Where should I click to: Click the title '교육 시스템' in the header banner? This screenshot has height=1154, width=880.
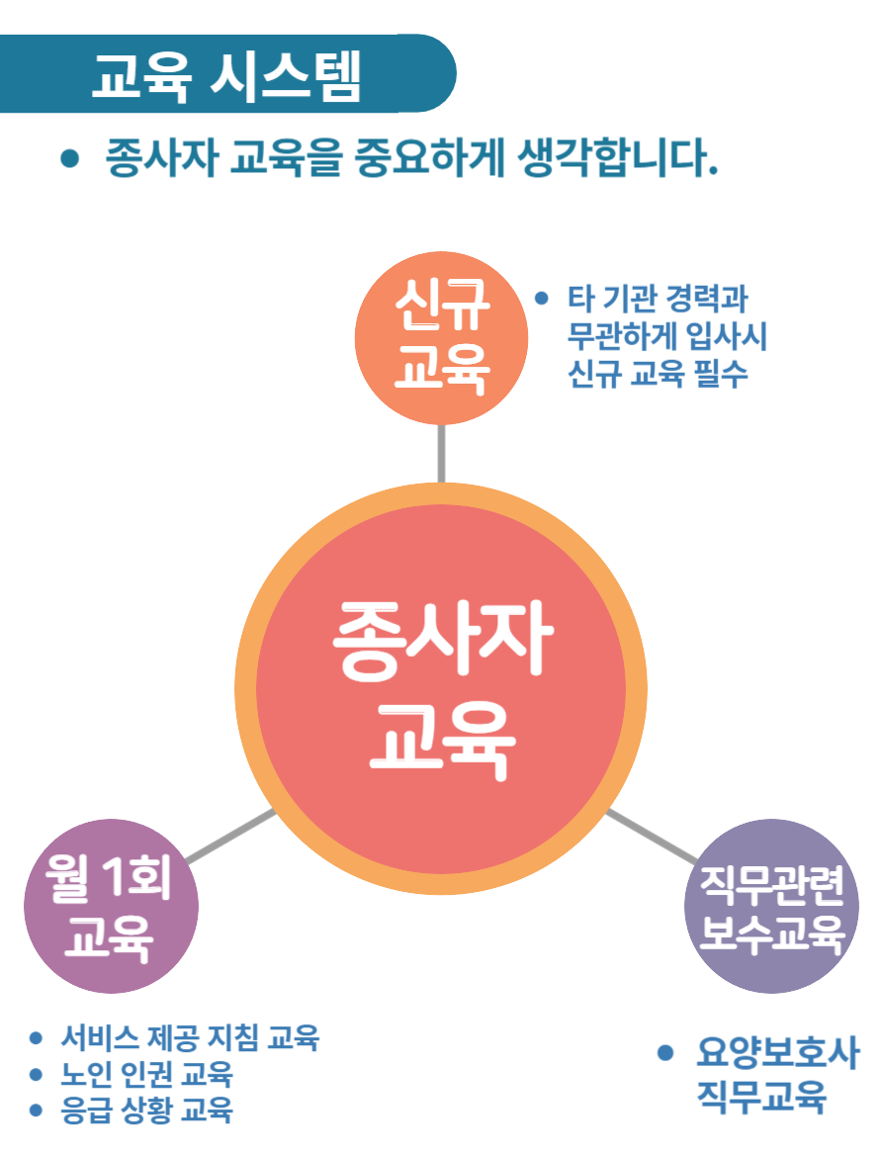(225, 74)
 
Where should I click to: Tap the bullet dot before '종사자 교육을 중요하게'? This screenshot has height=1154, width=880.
(69, 158)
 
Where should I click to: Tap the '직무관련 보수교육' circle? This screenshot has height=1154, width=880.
(771, 906)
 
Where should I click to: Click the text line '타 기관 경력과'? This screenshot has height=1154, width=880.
(657, 298)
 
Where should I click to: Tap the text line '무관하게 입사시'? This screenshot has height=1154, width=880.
(667, 336)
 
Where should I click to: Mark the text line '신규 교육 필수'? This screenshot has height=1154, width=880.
(659, 375)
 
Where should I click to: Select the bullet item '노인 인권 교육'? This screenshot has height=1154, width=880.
(146, 1073)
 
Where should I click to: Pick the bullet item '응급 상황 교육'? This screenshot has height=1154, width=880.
(146, 1110)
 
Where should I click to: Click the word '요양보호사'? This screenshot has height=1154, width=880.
(777, 1052)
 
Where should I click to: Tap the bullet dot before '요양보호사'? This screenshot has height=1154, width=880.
(665, 1052)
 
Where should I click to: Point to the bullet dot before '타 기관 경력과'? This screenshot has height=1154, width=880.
(541, 297)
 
